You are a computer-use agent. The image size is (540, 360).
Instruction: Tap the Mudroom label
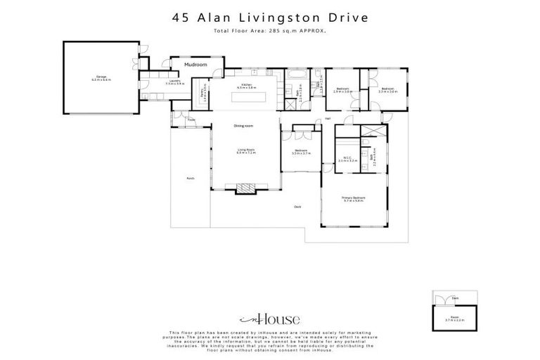(195, 65)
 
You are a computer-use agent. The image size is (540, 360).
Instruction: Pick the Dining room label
(243, 126)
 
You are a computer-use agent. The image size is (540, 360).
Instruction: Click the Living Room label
(245, 150)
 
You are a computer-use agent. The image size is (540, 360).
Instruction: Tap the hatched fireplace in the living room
(243, 188)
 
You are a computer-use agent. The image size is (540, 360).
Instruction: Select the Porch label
(190, 179)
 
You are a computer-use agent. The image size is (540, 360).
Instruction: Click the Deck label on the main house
(297, 206)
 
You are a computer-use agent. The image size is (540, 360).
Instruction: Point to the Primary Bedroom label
(353, 199)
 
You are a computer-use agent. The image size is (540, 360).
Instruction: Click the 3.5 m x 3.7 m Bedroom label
(301, 152)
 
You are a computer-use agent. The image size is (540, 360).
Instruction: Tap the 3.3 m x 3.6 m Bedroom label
(387, 90)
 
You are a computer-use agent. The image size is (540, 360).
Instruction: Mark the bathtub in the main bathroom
(296, 72)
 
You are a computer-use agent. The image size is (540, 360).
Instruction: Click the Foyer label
(191, 120)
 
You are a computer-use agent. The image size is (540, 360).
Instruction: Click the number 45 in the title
(181, 18)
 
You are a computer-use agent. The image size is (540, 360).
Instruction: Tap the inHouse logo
(270, 319)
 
